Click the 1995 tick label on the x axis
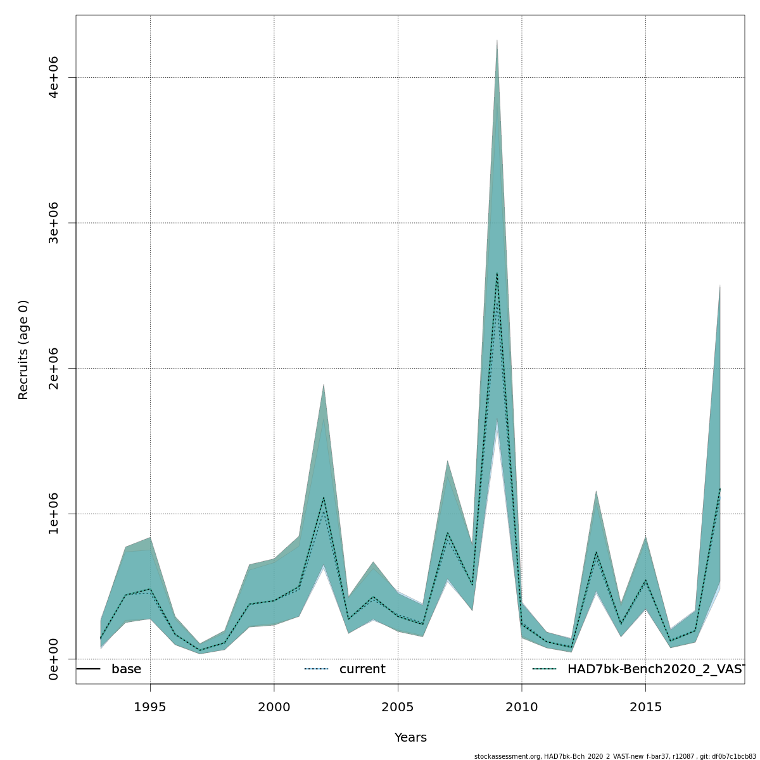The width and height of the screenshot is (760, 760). [x=150, y=707]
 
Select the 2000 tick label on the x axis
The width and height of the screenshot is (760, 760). [x=274, y=707]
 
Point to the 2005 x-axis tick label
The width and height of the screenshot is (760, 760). [x=398, y=707]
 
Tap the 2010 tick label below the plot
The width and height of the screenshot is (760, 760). [x=522, y=707]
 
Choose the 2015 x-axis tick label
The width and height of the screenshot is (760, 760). [x=645, y=707]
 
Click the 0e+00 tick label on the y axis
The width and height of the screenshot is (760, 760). [x=54, y=659]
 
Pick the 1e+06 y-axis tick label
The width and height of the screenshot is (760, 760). [x=54, y=514]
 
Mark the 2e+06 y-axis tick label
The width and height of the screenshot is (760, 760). [x=54, y=368]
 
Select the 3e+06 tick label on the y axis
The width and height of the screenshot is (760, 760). [x=54, y=223]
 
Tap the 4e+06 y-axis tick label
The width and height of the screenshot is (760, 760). [x=54, y=77]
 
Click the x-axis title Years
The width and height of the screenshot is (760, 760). [x=410, y=738]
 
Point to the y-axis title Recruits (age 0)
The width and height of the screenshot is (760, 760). [x=23, y=350]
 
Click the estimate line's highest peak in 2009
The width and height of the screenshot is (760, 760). [x=497, y=273]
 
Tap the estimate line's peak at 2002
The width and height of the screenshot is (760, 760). [x=324, y=498]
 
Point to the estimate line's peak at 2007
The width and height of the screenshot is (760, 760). [x=448, y=533]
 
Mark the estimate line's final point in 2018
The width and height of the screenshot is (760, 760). [x=720, y=488]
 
